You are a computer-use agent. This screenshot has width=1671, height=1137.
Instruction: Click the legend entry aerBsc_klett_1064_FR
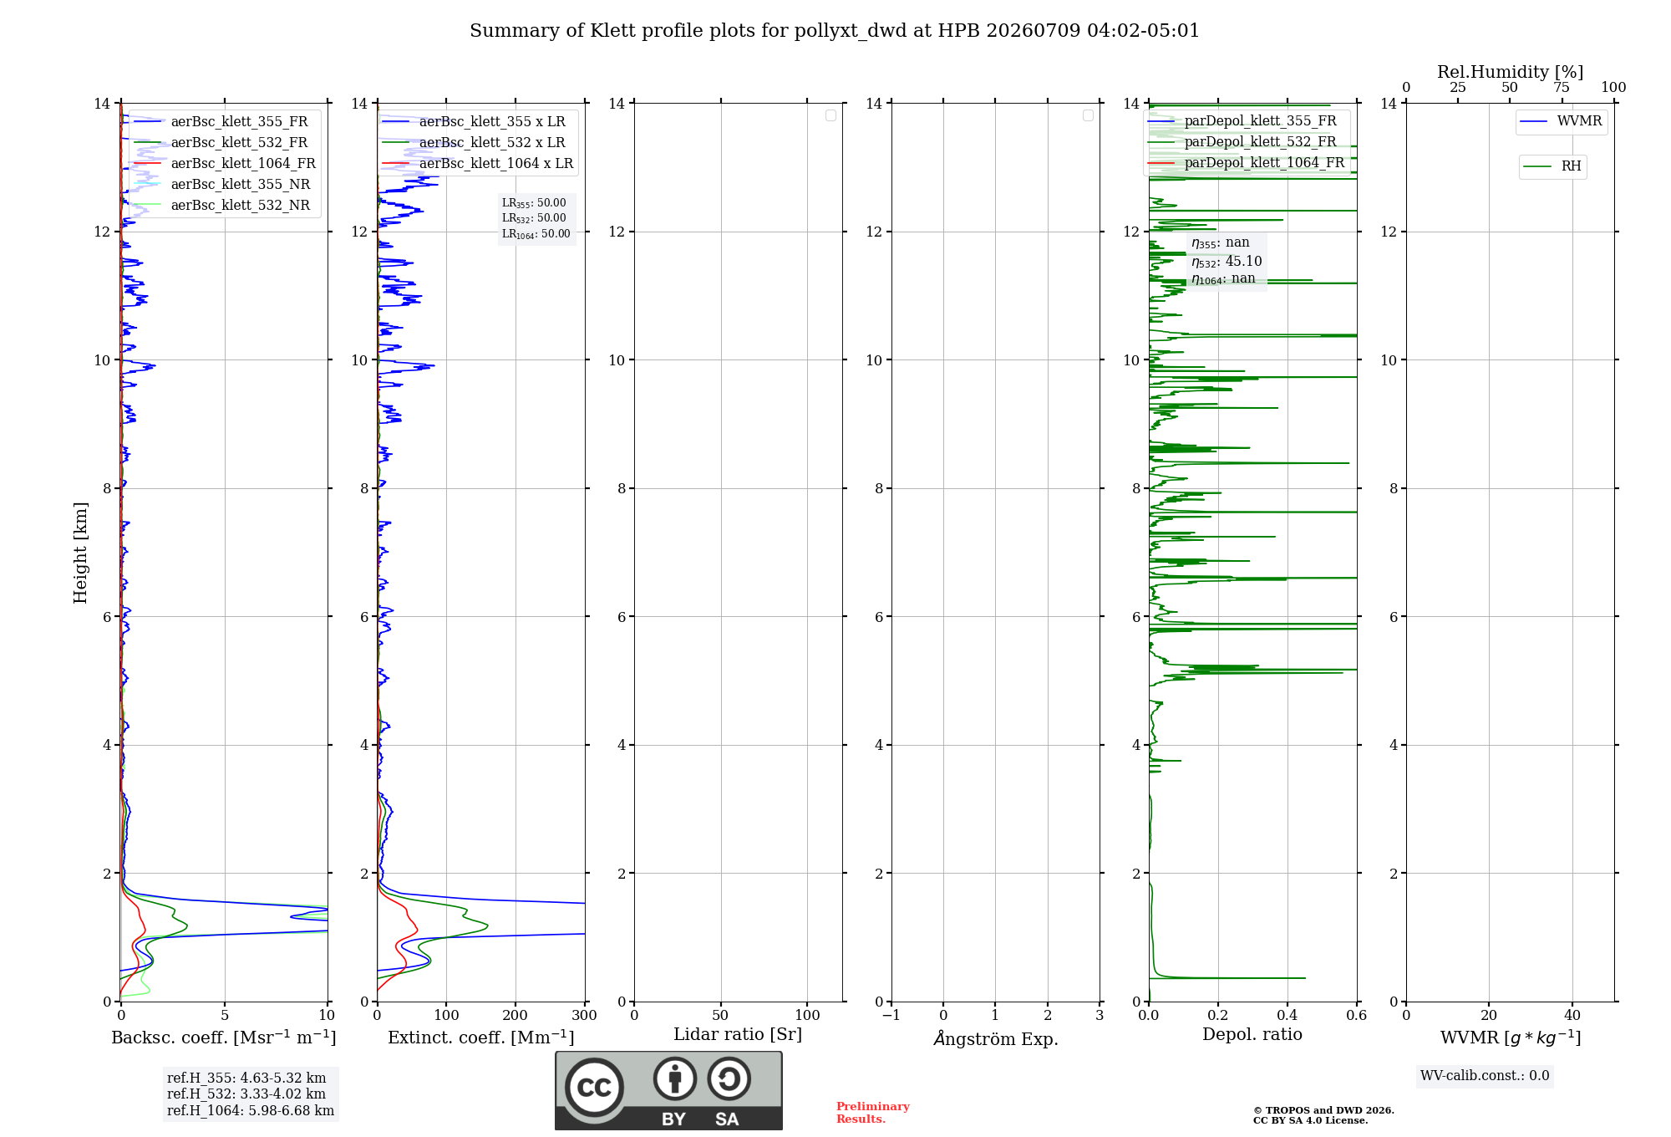tap(225, 163)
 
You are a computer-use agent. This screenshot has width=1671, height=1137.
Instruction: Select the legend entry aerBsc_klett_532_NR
tap(222, 205)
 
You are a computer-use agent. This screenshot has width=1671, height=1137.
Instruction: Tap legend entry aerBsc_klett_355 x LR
tap(474, 121)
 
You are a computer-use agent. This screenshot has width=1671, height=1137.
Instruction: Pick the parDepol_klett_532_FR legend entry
tap(1242, 141)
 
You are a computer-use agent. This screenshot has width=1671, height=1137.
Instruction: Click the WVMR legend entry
tap(1561, 121)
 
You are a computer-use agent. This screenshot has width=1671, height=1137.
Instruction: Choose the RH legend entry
tap(1552, 166)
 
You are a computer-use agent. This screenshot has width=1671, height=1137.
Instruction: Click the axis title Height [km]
tap(80, 553)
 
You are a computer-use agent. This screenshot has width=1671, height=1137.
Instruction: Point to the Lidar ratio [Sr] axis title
tap(738, 1034)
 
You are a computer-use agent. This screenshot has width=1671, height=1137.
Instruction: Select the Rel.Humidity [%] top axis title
tap(1511, 72)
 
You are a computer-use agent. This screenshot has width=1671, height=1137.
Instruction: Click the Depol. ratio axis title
tap(1252, 1034)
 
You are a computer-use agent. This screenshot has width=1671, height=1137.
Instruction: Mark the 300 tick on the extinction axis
tap(585, 1015)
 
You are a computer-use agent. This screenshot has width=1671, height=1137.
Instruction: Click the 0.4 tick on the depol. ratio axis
tap(1288, 1015)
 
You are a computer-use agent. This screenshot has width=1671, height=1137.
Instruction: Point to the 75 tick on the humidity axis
tap(1562, 87)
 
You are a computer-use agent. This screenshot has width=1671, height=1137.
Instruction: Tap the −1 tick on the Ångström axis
tap(891, 1015)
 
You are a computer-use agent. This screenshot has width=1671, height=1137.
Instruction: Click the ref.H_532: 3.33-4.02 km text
tap(246, 1094)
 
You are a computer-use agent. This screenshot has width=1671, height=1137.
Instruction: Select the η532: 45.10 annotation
tap(1227, 262)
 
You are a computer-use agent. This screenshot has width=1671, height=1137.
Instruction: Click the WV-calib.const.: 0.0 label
tap(1485, 1075)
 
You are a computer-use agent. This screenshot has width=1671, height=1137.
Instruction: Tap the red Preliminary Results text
tap(873, 1113)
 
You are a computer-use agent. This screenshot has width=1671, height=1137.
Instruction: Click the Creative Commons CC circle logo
tap(594, 1088)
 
